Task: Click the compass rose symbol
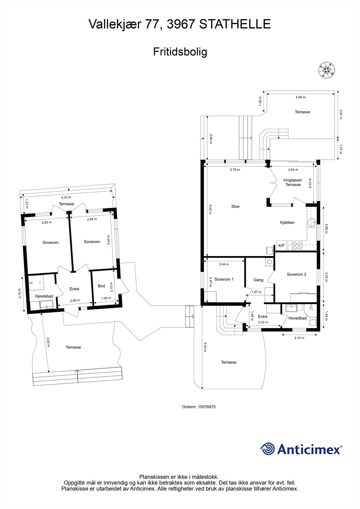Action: (x=327, y=70)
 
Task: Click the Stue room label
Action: (x=235, y=206)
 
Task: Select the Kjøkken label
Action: (x=287, y=222)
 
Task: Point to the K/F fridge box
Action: (x=282, y=245)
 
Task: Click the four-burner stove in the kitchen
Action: (x=297, y=246)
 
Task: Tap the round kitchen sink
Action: (x=311, y=222)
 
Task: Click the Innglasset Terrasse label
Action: (x=293, y=182)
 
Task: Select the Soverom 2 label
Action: (x=296, y=274)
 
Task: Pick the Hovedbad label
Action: (x=298, y=318)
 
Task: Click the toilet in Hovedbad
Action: (x=314, y=323)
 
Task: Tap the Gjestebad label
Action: (x=44, y=296)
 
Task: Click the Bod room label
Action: (x=101, y=286)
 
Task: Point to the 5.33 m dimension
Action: (x=66, y=198)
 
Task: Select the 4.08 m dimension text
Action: (x=300, y=97)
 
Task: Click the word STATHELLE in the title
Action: (x=235, y=24)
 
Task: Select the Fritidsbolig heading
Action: (x=180, y=52)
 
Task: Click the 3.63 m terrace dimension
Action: (x=48, y=342)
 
